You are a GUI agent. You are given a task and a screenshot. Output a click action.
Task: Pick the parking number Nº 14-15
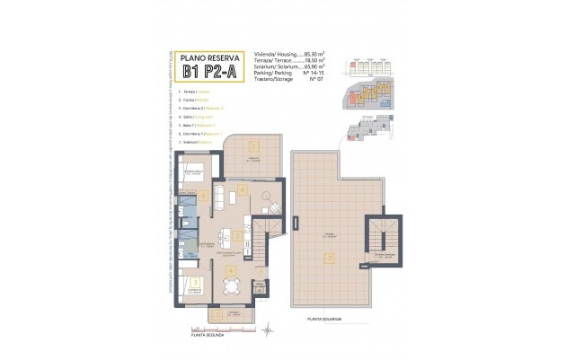[313, 73]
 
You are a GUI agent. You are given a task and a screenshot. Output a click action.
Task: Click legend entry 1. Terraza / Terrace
[196, 92]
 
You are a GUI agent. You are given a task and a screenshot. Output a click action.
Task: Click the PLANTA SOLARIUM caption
[324, 319]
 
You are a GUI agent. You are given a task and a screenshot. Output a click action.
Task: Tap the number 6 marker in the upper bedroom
[204, 195]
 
